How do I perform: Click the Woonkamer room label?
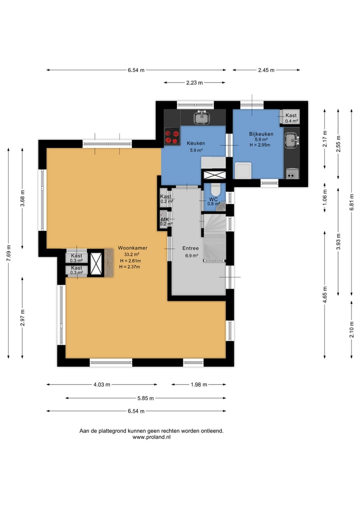(132, 248)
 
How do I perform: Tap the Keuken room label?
(196, 143)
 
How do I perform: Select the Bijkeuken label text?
(261, 134)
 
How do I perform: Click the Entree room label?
(190, 248)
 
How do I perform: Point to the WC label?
(213, 199)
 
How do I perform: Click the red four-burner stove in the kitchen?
(172, 136)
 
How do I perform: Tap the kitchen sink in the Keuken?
(201, 117)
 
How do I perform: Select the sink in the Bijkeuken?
(292, 140)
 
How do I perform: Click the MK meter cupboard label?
(165, 219)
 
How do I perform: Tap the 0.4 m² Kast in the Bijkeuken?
(291, 117)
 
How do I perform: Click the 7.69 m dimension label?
(8, 253)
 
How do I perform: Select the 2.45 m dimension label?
(266, 70)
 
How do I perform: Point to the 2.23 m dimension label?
(194, 82)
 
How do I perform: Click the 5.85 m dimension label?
(145, 398)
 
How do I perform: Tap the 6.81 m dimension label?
(351, 202)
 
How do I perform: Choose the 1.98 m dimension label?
(199, 385)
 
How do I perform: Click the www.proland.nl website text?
(151, 437)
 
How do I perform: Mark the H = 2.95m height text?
(260, 145)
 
